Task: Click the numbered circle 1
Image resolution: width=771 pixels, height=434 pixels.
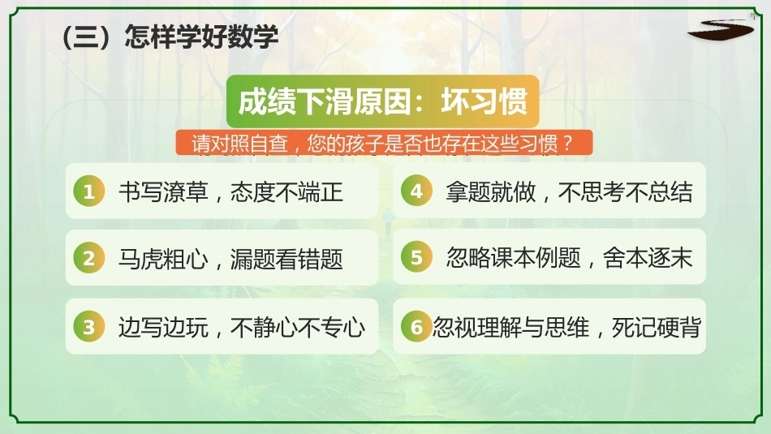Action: point(89,191)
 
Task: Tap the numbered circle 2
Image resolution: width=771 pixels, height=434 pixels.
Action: point(89,258)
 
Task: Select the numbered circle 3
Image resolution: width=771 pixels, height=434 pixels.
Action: point(89,327)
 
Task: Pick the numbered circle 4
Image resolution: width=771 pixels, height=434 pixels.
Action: point(416,191)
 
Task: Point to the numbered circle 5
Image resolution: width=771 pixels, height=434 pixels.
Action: point(416,257)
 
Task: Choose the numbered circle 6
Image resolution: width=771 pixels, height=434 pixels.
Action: point(416,326)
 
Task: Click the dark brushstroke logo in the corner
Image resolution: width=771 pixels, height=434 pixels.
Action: point(721,30)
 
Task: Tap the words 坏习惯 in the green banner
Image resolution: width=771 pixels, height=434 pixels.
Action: point(484,101)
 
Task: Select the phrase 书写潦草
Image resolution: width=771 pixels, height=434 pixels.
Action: point(163,191)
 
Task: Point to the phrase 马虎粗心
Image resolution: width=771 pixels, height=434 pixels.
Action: point(163,259)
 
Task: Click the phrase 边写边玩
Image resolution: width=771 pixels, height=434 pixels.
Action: point(163,328)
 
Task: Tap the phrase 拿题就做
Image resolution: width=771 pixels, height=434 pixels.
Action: point(491,191)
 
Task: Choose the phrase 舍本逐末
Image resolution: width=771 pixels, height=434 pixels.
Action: point(648,257)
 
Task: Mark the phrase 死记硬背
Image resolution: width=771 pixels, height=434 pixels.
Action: point(656,328)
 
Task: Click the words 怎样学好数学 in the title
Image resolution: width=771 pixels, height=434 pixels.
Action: point(201,37)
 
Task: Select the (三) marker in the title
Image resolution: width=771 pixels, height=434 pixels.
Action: point(90,37)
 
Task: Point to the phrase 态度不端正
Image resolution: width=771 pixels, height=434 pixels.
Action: point(286,191)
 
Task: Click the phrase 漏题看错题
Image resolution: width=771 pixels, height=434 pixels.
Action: point(286,259)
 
